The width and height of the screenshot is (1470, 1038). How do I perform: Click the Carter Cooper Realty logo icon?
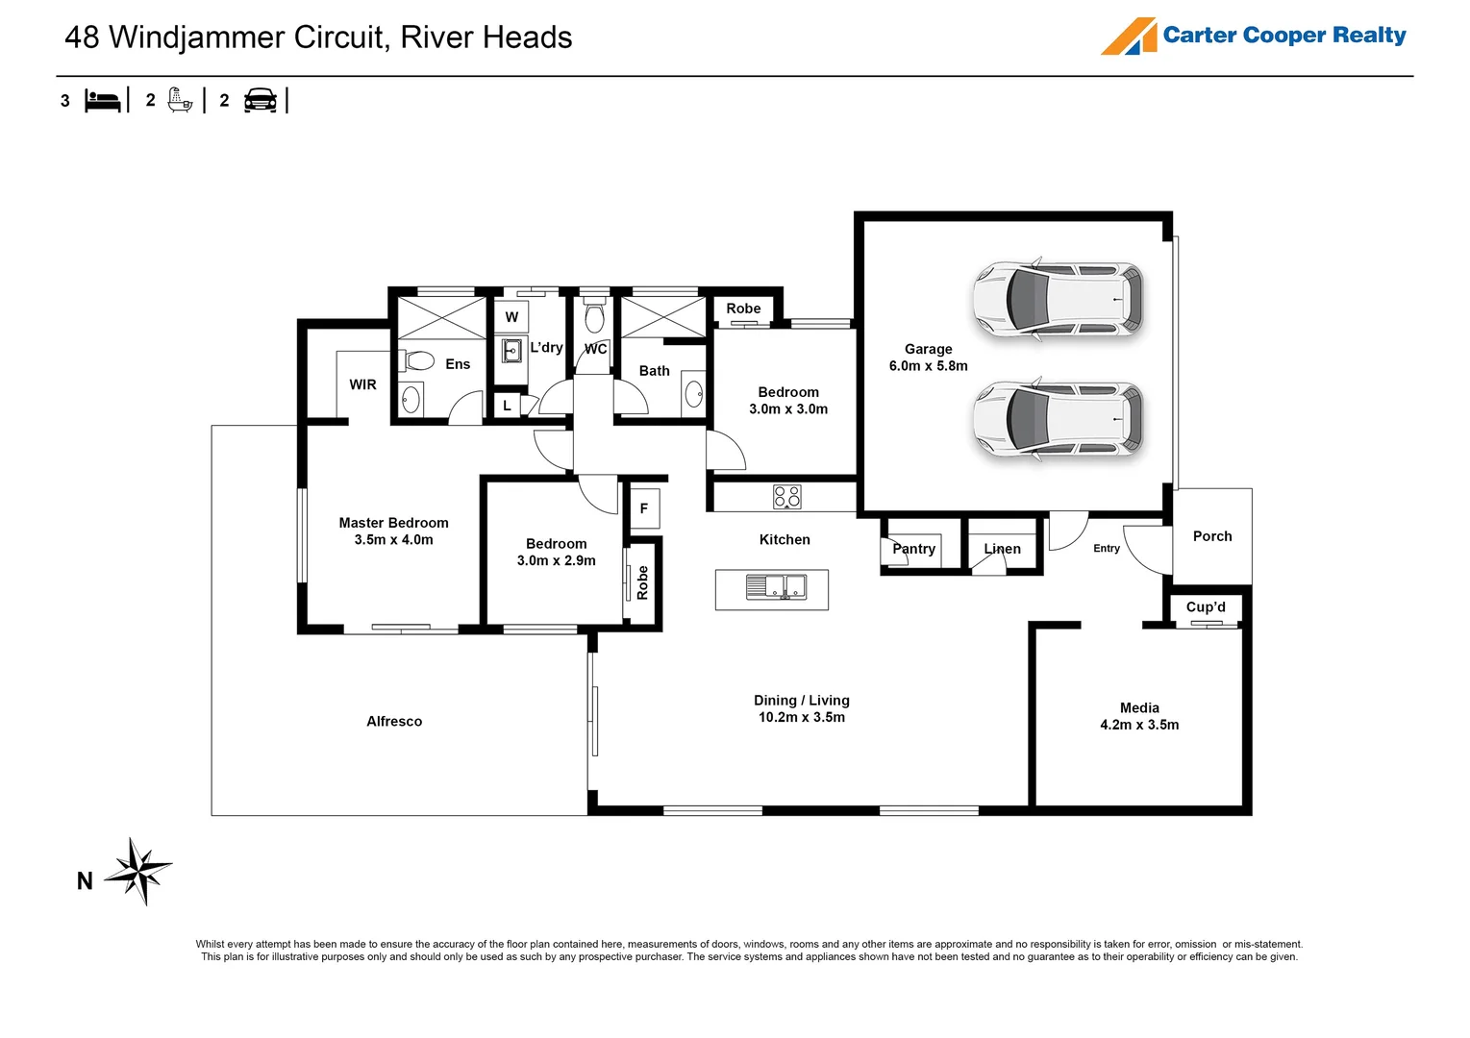pyautogui.click(x=1129, y=37)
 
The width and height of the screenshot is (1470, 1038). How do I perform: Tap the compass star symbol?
pyautogui.click(x=139, y=871)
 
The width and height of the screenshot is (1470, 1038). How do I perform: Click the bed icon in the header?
pyautogui.click(x=103, y=100)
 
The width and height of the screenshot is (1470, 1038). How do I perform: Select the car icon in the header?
pyautogui.click(x=261, y=100)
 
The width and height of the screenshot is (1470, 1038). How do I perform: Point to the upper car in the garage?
pyautogui.click(x=1058, y=299)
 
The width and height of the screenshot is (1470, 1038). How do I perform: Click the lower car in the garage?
pyautogui.click(x=1058, y=420)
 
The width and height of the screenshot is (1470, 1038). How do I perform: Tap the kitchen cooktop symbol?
pyautogui.click(x=786, y=497)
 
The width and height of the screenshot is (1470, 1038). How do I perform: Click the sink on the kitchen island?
pyautogui.click(x=776, y=586)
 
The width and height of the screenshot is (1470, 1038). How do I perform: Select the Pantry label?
pyautogui.click(x=913, y=549)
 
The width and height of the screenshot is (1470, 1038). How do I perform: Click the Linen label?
pyautogui.click(x=1002, y=549)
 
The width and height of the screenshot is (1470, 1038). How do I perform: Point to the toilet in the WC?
pyautogui.click(x=594, y=317)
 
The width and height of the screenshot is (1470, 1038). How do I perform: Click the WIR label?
pyautogui.click(x=362, y=384)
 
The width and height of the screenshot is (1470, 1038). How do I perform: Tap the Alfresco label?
pyautogui.click(x=394, y=721)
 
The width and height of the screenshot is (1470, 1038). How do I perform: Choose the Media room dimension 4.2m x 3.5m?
pyautogui.click(x=1139, y=725)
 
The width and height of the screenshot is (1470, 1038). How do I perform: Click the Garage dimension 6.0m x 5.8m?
pyautogui.click(x=928, y=366)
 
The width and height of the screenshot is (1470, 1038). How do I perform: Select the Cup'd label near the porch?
pyautogui.click(x=1206, y=607)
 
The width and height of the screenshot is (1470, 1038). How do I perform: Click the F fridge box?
pyautogui.click(x=644, y=508)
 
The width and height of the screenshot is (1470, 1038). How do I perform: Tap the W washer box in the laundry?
pyautogui.click(x=511, y=317)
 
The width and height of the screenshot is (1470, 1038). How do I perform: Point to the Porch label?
pyautogui.click(x=1211, y=536)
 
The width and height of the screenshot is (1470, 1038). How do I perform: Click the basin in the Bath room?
pyautogui.click(x=693, y=394)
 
